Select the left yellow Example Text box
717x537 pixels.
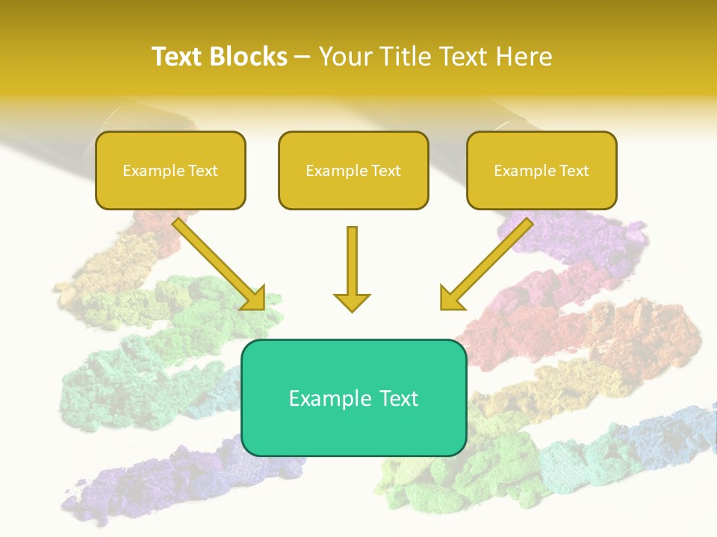(x=170, y=170)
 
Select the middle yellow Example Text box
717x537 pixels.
(x=353, y=170)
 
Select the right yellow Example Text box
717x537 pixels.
(x=541, y=170)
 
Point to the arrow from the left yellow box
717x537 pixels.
(x=217, y=262)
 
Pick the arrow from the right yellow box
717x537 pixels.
(x=489, y=262)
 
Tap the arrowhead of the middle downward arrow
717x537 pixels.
(x=352, y=302)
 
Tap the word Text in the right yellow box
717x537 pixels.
(x=574, y=171)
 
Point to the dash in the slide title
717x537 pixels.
(x=302, y=57)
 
